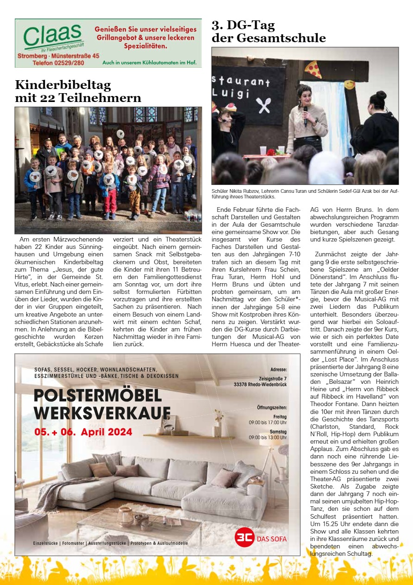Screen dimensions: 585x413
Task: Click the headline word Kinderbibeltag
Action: pyautogui.click(x=63, y=85)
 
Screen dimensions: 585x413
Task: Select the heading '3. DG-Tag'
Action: pyautogui.click(x=243, y=25)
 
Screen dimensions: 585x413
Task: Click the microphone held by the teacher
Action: pyautogui.click(x=306, y=114)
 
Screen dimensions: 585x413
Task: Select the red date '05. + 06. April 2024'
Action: pyautogui.click(x=83, y=432)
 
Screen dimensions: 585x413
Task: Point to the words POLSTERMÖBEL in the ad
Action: pyautogui.click(x=98, y=396)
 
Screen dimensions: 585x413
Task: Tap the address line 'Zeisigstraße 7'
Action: pyautogui.click(x=273, y=378)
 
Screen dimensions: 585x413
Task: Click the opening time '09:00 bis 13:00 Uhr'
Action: pyautogui.click(x=268, y=437)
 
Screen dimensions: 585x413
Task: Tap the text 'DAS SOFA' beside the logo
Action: pyautogui.click(x=272, y=539)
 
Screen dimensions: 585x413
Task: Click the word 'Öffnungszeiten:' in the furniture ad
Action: pyautogui.click(x=272, y=408)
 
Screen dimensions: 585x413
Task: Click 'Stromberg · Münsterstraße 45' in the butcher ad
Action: pyautogui.click(x=58, y=56)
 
